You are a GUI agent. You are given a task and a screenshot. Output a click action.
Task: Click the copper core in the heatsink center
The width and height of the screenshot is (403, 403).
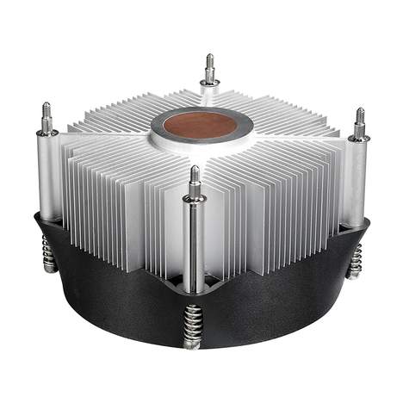coord(201,124)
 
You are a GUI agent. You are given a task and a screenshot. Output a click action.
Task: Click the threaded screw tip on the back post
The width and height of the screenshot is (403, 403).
coord(209,65)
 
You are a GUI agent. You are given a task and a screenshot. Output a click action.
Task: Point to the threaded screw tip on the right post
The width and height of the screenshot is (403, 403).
coord(359,120)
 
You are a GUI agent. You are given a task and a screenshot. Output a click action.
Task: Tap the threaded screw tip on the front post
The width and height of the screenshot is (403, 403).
coord(195,177)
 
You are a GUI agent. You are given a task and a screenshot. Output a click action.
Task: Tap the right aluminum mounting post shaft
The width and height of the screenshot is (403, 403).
coord(356,181)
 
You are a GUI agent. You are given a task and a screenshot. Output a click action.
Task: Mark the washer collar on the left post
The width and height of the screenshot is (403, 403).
coord(47,133)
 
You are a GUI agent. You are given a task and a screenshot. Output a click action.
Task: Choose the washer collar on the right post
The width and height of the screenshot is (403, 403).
coord(358,137)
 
